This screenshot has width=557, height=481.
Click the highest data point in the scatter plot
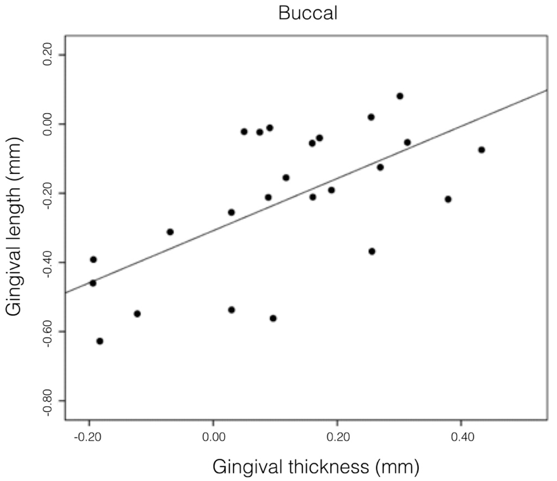pyautogui.click(x=400, y=96)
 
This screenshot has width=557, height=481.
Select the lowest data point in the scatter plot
pyautogui.click(x=100, y=341)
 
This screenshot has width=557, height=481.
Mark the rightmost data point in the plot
pyautogui.click(x=482, y=150)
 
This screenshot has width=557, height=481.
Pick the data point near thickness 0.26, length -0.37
pyautogui.click(x=372, y=252)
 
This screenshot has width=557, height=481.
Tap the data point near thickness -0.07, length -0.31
pyautogui.click(x=170, y=232)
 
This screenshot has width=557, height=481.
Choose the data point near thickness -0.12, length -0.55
pyautogui.click(x=137, y=314)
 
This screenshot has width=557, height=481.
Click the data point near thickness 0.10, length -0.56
pyautogui.click(x=273, y=318)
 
